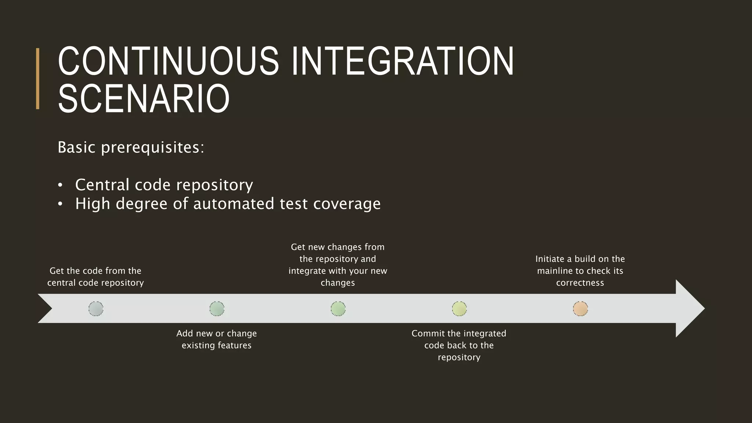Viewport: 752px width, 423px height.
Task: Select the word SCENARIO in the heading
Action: coord(144,98)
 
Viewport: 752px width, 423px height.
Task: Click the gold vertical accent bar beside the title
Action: coord(37,79)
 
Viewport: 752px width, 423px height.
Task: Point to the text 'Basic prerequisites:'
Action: coord(131,147)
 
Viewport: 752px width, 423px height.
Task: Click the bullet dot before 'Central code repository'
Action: coord(60,185)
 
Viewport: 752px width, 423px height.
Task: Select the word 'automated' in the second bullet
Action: coord(234,204)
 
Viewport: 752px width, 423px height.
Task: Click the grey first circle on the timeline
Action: coord(96,309)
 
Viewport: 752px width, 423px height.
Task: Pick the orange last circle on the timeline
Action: coord(580,309)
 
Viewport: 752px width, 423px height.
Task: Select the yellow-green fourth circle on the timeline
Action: coord(459,309)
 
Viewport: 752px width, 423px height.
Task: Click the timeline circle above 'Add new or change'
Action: coord(217,309)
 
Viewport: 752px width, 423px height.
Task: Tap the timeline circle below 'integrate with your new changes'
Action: coord(338,309)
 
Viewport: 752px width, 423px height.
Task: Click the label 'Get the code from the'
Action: coord(95,271)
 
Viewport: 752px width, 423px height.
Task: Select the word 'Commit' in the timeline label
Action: coord(424,333)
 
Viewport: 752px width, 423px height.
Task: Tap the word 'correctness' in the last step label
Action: coord(580,283)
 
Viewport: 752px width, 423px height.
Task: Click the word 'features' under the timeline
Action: coord(234,346)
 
